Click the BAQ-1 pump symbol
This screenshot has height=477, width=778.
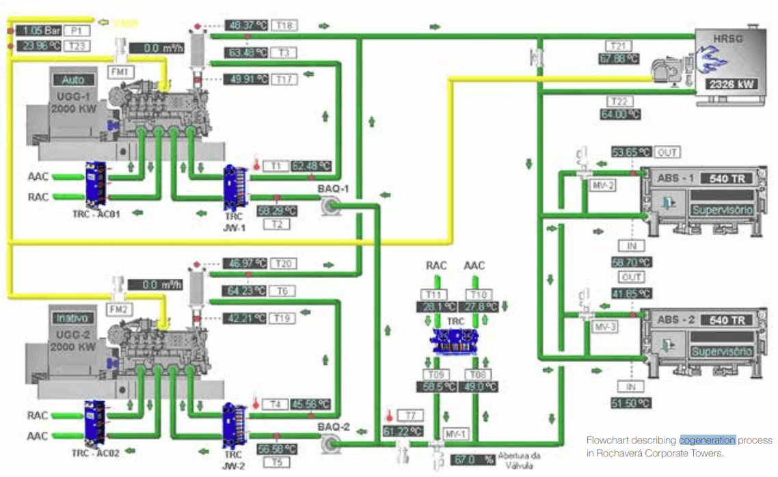pos(328,203)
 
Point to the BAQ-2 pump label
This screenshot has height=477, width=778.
pos(334,427)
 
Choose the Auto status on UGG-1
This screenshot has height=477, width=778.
pos(74,81)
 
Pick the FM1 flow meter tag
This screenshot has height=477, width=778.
pos(121,70)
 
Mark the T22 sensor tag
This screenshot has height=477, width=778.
pos(618,101)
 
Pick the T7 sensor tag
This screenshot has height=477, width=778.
pos(410,415)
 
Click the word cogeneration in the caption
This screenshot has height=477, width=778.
pos(707,439)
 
